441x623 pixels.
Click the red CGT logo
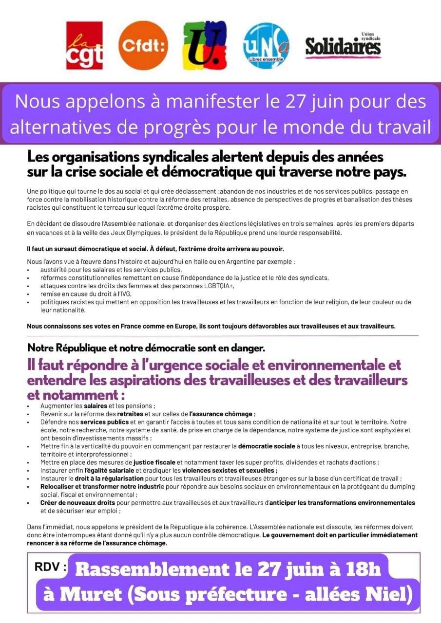point(84,45)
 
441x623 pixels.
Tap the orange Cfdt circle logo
point(144,45)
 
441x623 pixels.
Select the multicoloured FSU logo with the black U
point(205,45)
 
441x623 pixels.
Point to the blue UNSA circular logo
point(266,46)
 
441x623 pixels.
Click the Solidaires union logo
point(343,46)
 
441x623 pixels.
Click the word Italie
point(206,261)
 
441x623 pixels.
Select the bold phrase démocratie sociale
point(267,446)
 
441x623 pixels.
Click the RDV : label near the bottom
point(50,567)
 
